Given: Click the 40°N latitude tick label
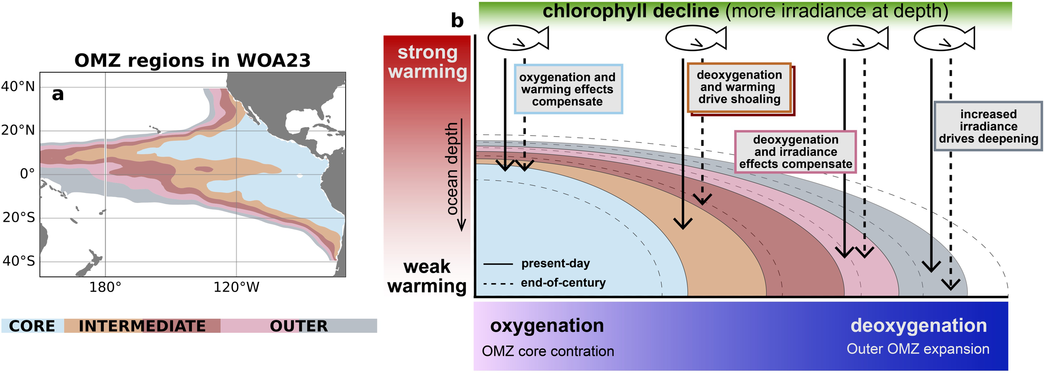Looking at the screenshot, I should (18, 86).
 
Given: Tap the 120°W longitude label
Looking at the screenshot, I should (236, 287).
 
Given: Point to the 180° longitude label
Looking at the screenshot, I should (105, 287).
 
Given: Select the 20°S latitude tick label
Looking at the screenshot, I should (19, 218).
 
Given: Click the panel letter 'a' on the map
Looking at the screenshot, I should (58, 94).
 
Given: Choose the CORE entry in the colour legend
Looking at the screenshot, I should (32, 326).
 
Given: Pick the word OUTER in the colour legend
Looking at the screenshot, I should (298, 326).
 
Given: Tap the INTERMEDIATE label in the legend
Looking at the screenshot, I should (142, 326).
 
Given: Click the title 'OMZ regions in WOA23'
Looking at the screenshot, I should (192, 61).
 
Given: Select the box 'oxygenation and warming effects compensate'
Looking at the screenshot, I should (568, 89).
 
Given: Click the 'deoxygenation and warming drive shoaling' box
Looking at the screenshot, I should (739, 87).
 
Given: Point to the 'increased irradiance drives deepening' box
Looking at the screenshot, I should (988, 126).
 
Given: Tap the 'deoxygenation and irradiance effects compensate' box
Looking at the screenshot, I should (795, 152).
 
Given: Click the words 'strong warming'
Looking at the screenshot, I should (427, 62).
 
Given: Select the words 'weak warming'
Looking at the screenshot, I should (427, 276).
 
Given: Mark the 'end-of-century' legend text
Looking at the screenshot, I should (563, 283).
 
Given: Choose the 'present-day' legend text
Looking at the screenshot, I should (556, 264).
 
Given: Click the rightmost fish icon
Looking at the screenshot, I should (944, 38).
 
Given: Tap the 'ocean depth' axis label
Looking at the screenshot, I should (452, 169).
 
